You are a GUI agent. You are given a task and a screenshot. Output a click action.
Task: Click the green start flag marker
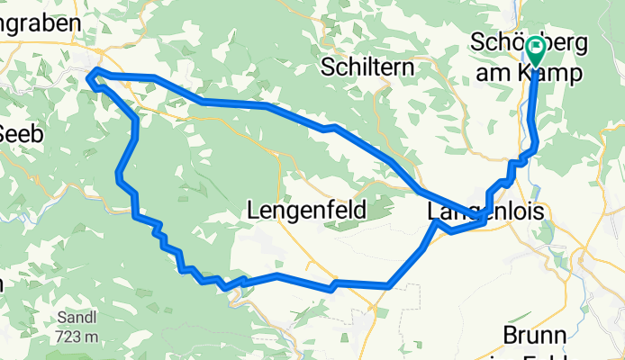pyautogui.click(x=536, y=50)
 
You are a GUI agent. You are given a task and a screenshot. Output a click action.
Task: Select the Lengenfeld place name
pyautogui.click(x=305, y=211)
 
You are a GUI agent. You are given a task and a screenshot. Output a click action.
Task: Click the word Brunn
pyautogui.click(x=535, y=336)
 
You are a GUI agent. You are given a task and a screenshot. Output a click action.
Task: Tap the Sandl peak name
pyautogui.click(x=77, y=319)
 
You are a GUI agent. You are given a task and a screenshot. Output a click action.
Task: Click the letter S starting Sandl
pyautogui.click(x=60, y=319)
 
